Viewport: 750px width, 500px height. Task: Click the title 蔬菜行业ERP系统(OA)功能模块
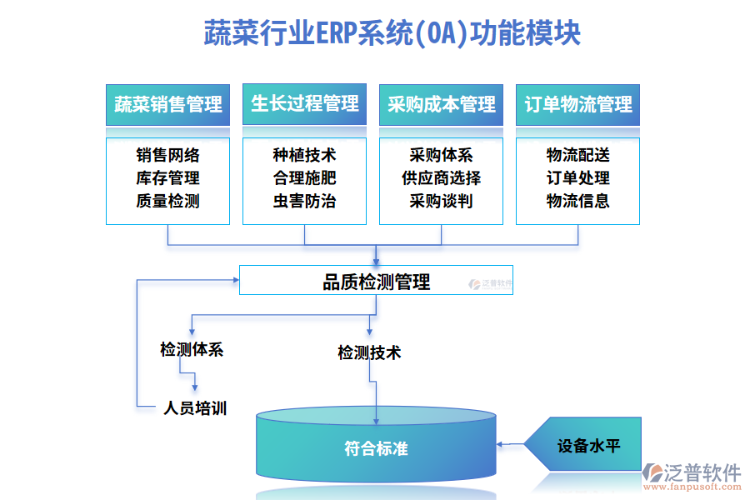pos(392,35)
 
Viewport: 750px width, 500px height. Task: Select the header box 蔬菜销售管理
pos(167,104)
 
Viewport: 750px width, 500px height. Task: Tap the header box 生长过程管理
pos(304,104)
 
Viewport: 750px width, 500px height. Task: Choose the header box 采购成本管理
pos(441,104)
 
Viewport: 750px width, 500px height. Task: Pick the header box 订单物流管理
pos(577,104)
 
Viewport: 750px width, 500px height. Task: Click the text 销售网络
pos(167,155)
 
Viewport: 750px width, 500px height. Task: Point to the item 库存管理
pos(167,177)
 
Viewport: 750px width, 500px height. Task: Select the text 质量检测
pos(167,201)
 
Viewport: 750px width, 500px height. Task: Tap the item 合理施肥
pos(304,177)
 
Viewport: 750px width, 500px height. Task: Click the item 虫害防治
pos(304,201)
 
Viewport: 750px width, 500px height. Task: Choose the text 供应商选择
pos(441,177)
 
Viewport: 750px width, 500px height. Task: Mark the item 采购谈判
pos(441,201)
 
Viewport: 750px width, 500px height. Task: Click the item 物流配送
pos(577,155)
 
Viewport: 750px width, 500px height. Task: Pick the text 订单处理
pos(577,177)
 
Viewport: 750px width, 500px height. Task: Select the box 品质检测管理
pos(376,281)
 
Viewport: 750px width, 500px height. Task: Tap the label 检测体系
pos(192,349)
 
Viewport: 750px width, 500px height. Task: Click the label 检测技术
pos(369,352)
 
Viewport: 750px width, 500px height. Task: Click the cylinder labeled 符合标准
pos(376,448)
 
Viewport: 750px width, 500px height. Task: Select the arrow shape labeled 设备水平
pos(588,445)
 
